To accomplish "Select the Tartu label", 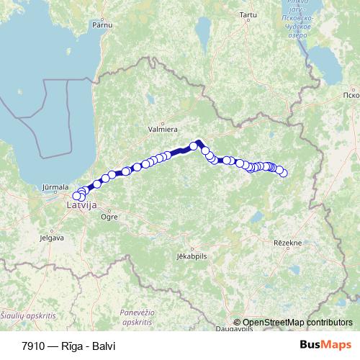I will coord(248,14).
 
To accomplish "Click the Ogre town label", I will coord(109,215).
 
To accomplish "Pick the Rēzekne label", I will coord(287,243).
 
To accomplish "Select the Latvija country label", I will coord(81,206).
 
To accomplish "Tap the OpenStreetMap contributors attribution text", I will coord(297,323).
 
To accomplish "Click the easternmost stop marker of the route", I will coord(283,173).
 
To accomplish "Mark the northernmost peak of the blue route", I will coord(198,141).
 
